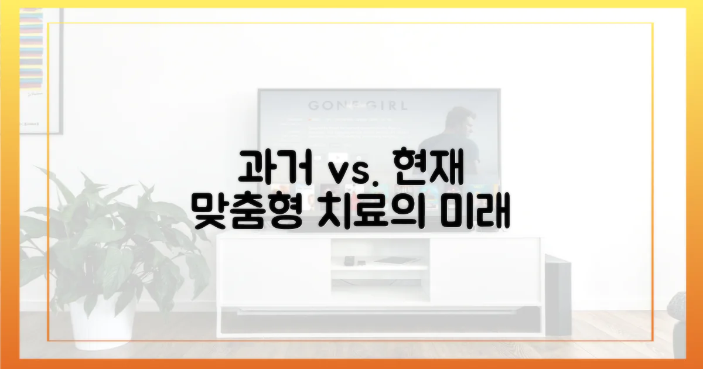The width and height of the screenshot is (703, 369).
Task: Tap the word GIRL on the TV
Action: [x=383, y=106]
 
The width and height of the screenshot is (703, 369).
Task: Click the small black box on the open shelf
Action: [x=350, y=260]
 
